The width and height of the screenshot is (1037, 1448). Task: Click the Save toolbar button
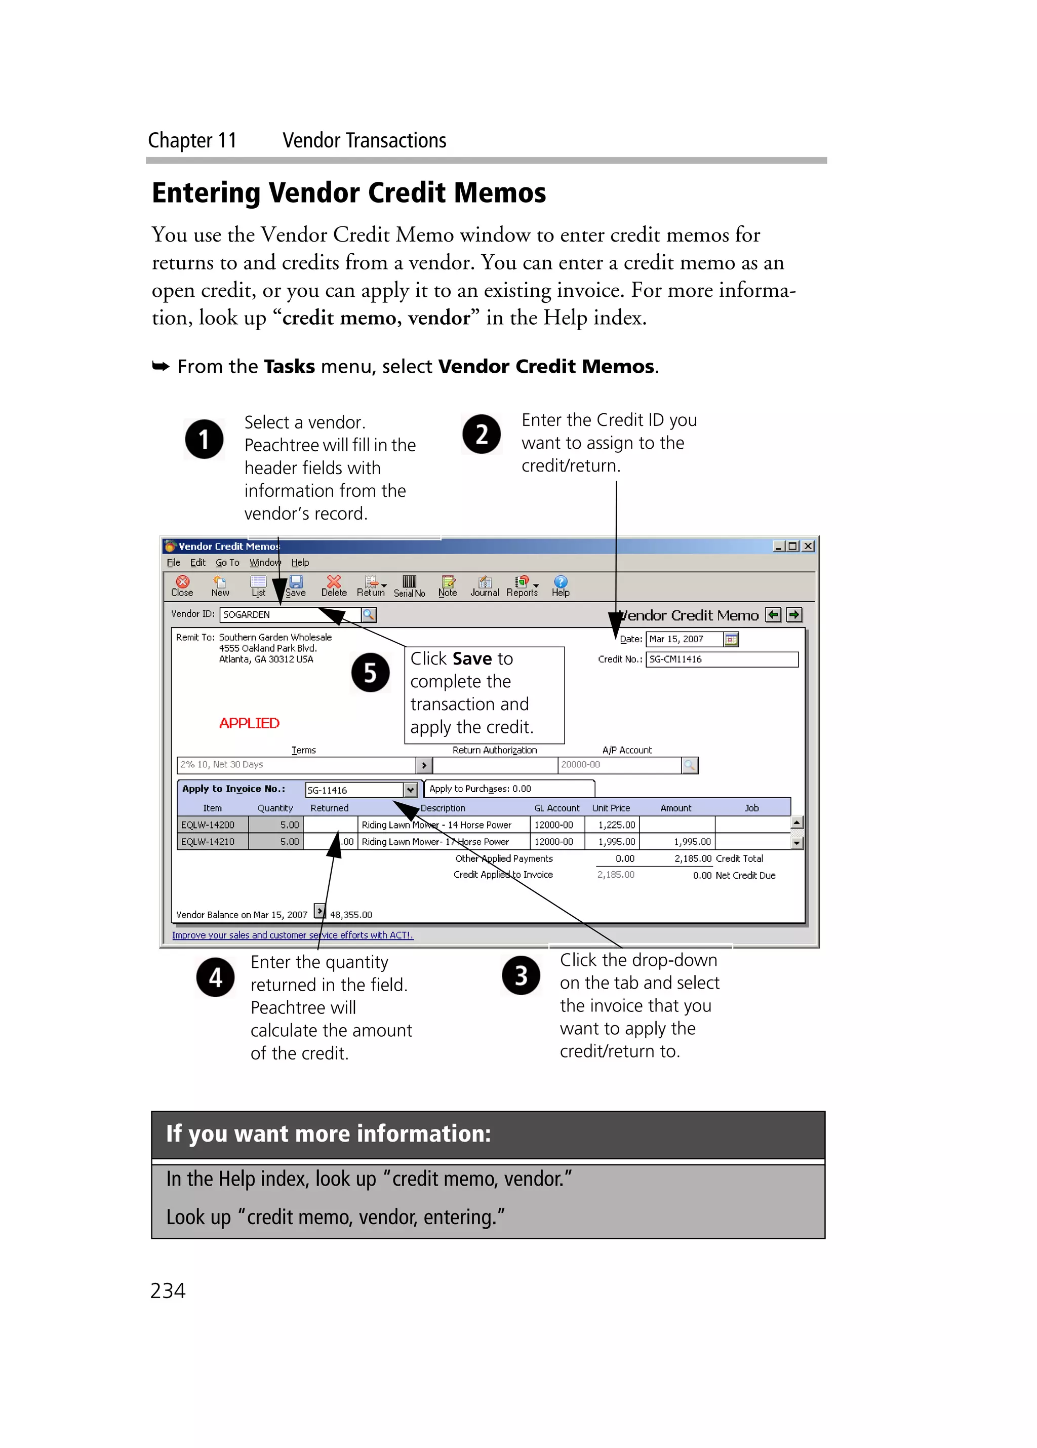pyautogui.click(x=296, y=585)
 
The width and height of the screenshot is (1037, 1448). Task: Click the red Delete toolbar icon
pyautogui.click(x=333, y=585)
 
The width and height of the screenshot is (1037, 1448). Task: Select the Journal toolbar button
pyautogui.click(x=485, y=585)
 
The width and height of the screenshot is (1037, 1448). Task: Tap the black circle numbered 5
pyautogui.click(x=370, y=672)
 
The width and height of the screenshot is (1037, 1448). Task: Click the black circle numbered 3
pyautogui.click(x=521, y=975)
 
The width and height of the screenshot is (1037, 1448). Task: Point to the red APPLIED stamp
pyautogui.click(x=249, y=723)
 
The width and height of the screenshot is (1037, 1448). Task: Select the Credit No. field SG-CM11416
pyautogui.click(x=721, y=659)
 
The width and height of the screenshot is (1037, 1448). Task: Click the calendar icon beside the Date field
pyautogui.click(x=731, y=639)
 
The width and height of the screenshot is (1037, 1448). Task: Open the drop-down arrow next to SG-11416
pyautogui.click(x=410, y=790)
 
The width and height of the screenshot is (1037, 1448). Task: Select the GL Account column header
pyautogui.click(x=556, y=808)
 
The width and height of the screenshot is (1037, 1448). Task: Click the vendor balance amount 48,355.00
pyautogui.click(x=350, y=914)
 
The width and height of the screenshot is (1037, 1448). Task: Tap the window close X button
pyautogui.click(x=808, y=546)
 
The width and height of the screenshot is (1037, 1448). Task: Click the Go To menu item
pyautogui.click(x=227, y=563)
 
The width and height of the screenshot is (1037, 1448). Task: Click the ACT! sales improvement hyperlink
pyautogui.click(x=292, y=934)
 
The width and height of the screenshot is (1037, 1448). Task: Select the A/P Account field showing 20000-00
pyautogui.click(x=619, y=764)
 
